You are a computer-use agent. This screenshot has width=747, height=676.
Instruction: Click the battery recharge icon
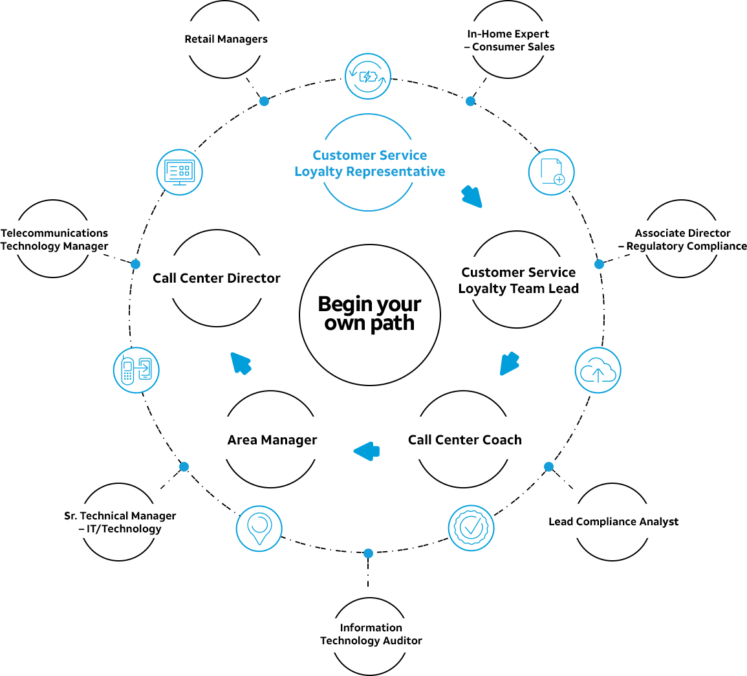pyautogui.click(x=368, y=76)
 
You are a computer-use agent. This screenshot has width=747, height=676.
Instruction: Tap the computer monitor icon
pyautogui.click(x=180, y=172)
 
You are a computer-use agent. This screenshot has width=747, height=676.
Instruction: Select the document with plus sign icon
pyautogui.click(x=551, y=172)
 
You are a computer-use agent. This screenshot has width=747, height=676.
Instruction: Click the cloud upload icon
pyautogui.click(x=598, y=370)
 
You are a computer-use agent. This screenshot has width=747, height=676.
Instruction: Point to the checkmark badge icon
pyautogui.click(x=471, y=528)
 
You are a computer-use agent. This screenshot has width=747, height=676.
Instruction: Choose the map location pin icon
pyautogui.click(x=259, y=529)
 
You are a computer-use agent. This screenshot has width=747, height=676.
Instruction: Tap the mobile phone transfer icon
pyautogui.click(x=136, y=370)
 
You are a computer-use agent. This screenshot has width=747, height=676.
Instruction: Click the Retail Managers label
pyautogui.click(x=226, y=39)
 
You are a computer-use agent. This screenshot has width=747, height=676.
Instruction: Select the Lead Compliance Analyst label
pyautogui.click(x=614, y=521)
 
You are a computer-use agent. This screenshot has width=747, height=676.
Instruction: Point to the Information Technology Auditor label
pyautogui.click(x=371, y=634)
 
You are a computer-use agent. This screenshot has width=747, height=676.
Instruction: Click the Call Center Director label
pyautogui.click(x=216, y=278)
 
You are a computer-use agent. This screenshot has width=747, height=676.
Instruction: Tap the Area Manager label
pyautogui.click(x=272, y=440)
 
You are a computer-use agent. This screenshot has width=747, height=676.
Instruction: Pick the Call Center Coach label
pyautogui.click(x=464, y=440)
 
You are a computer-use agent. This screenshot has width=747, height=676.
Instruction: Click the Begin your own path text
pyautogui.click(x=370, y=314)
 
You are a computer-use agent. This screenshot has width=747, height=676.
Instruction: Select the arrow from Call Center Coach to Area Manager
pyautogui.click(x=367, y=451)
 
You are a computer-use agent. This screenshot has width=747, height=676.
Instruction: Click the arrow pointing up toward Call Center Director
pyautogui.click(x=241, y=363)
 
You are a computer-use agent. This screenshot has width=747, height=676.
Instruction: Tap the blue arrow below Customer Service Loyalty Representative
pyautogui.click(x=472, y=196)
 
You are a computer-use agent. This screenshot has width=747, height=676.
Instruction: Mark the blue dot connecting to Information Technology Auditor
pyautogui.click(x=368, y=553)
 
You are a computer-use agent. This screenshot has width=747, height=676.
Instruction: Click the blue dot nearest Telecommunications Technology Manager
pyautogui.click(x=136, y=264)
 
